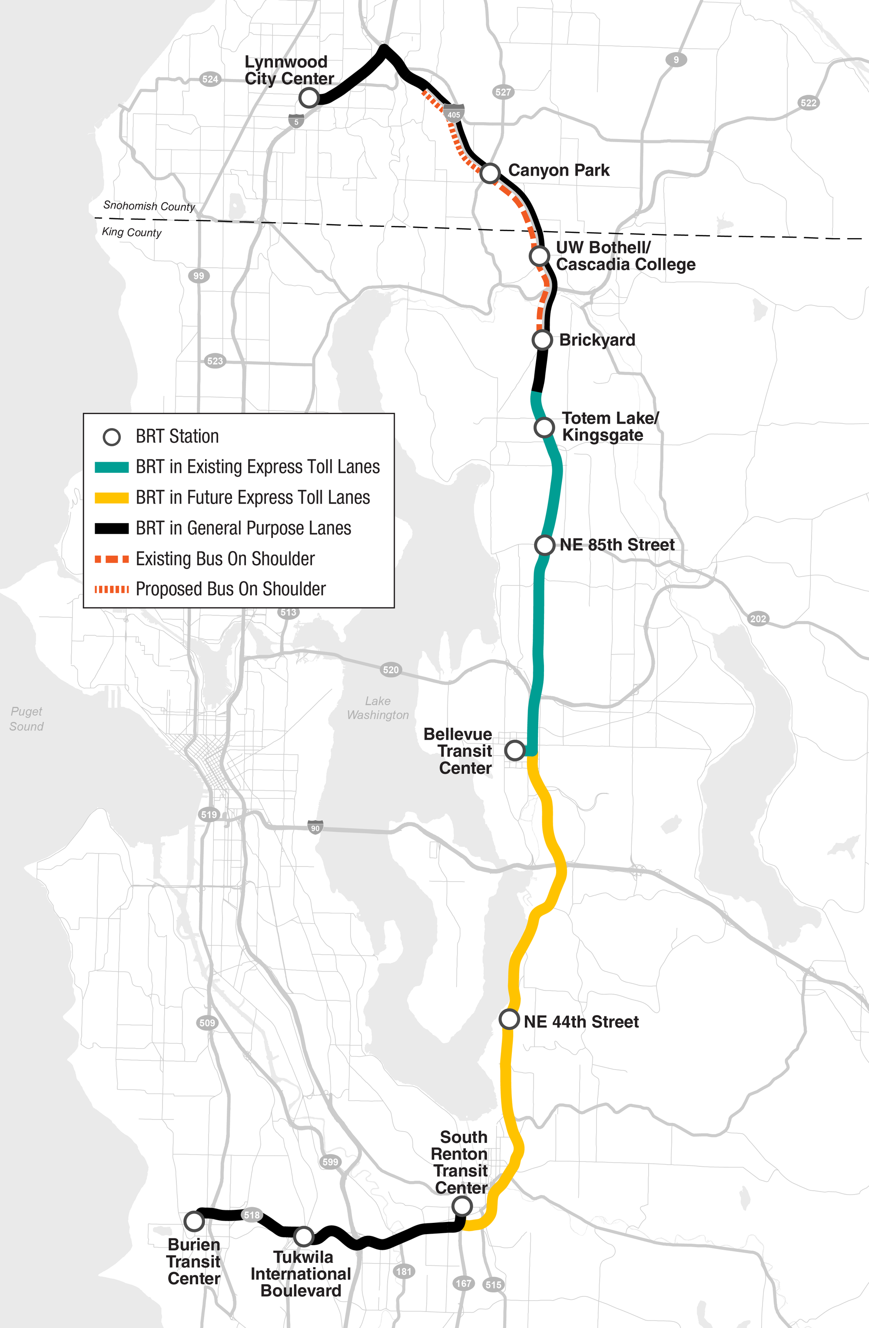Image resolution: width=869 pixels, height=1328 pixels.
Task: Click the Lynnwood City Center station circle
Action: tap(308, 98)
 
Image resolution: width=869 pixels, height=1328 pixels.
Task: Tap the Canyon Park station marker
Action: tap(490, 173)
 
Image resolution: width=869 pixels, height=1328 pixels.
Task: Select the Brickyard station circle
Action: tap(542, 339)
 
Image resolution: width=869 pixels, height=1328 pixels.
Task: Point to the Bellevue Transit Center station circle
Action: tap(514, 750)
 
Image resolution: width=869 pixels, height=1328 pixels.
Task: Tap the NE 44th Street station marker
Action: tap(509, 1019)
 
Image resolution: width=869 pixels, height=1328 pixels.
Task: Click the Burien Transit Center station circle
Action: tap(193, 1221)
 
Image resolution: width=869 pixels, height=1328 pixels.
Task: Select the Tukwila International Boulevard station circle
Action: tap(303, 1236)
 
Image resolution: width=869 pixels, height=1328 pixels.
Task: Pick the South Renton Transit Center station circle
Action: tap(462, 1206)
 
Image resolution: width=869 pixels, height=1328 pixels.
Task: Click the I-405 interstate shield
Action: tap(454, 113)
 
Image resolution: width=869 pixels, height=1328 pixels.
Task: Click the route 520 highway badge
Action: tap(391, 670)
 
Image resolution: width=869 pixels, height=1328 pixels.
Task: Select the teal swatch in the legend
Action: tap(112, 467)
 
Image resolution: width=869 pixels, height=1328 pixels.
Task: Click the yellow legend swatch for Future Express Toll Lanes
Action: tap(112, 498)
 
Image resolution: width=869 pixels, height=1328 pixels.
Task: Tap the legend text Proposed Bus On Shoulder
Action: tap(230, 589)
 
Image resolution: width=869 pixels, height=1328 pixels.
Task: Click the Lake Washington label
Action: tap(378, 707)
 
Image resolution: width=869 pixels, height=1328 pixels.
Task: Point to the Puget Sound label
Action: tap(26, 719)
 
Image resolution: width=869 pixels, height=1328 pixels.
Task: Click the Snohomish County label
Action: tap(149, 206)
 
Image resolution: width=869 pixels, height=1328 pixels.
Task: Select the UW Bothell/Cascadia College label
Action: tap(625, 256)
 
